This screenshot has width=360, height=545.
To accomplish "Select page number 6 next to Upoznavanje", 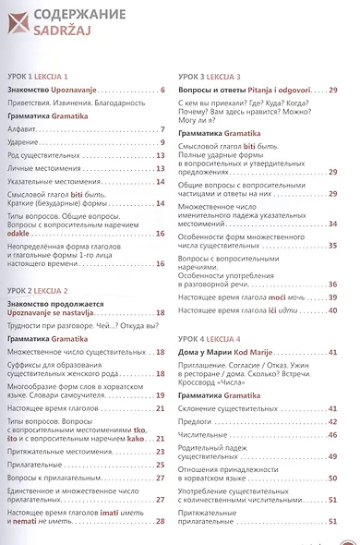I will coord(162,90).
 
